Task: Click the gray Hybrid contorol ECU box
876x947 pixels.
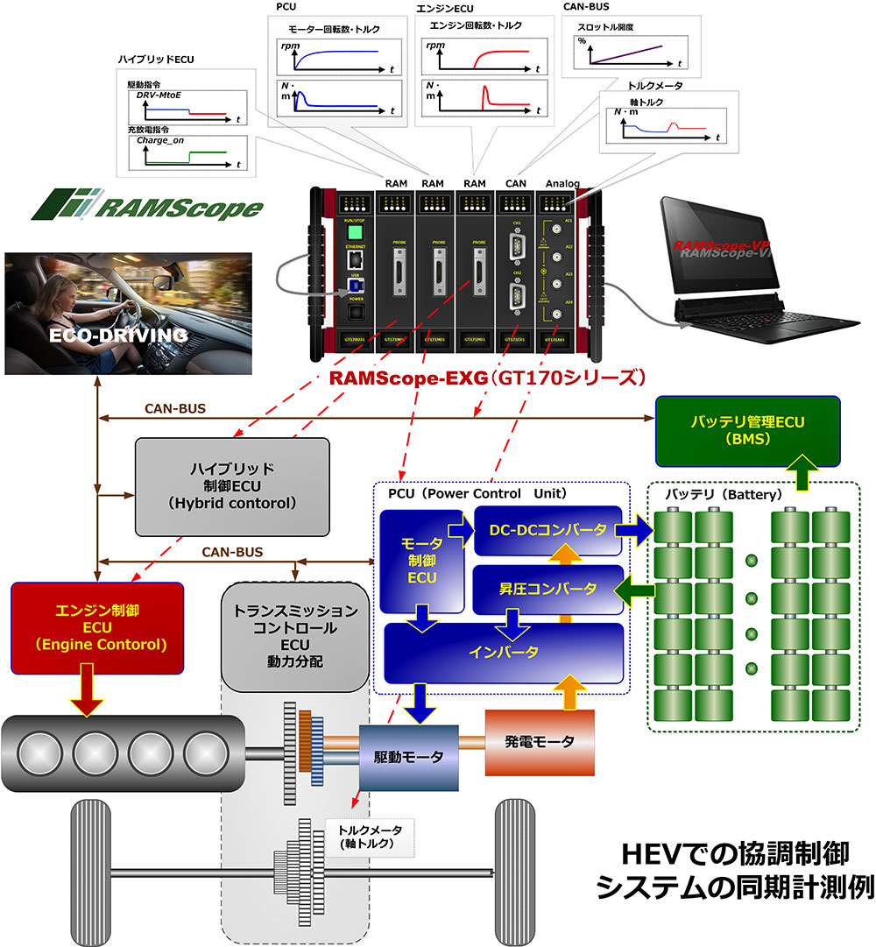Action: tap(232, 486)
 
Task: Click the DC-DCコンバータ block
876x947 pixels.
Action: tap(547, 530)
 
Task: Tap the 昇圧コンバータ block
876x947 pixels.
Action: tap(547, 588)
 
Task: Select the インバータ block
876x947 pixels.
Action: tap(504, 653)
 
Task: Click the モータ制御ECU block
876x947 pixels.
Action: tap(420, 561)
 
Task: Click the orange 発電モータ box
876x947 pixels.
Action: tap(540, 742)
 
